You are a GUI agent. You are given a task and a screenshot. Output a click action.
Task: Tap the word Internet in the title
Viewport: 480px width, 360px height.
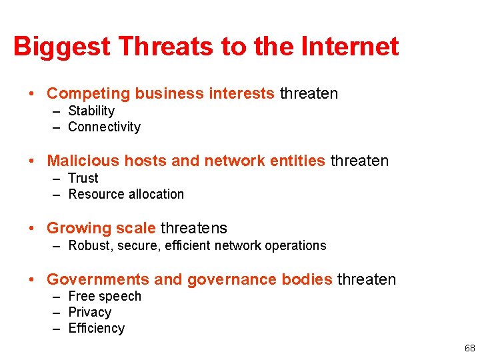(x=350, y=47)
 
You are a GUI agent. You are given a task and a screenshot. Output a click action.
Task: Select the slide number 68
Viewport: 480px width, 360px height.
(x=470, y=348)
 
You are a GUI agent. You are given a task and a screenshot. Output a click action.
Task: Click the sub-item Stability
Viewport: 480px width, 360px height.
(x=91, y=111)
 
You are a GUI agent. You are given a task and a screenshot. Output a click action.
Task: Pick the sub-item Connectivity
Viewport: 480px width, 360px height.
(x=104, y=127)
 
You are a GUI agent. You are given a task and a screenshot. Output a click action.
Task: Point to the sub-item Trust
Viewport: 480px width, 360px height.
(x=83, y=178)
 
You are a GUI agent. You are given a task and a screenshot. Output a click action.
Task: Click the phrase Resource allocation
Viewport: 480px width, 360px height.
(x=126, y=194)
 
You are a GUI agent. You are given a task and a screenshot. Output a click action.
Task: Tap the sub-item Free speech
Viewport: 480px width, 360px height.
(x=105, y=296)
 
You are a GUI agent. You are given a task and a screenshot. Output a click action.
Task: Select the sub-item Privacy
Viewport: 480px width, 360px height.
(x=89, y=312)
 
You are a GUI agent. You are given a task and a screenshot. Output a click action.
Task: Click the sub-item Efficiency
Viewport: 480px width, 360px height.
(x=96, y=328)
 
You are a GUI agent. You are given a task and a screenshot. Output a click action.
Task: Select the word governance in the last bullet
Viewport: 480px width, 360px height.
(x=225, y=279)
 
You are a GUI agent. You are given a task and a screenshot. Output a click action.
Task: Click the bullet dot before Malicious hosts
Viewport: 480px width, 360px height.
(x=32, y=161)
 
